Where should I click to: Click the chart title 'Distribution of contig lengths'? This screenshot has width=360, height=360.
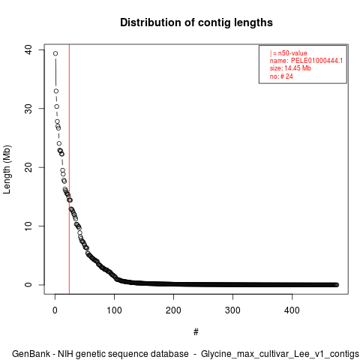coord(196,22)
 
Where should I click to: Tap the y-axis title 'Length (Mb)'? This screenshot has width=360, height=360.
coord(7,169)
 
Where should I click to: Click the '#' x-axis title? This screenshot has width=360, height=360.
coord(196,332)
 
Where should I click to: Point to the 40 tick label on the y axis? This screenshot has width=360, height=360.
coord(28,49)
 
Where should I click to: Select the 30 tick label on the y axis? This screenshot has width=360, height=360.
coord(28,109)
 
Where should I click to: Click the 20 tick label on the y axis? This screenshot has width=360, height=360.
coord(28,167)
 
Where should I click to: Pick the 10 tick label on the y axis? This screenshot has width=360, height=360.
coord(28,226)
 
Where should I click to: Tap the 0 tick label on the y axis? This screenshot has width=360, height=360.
coord(28,285)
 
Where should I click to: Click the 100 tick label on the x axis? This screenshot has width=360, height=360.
coord(114,310)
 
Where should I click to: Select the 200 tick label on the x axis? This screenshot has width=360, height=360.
coord(173,310)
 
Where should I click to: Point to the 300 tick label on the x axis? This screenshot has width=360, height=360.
coord(232,310)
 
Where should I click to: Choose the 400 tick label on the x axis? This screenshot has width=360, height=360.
coord(292,310)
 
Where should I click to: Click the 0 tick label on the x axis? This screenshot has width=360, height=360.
coord(55,310)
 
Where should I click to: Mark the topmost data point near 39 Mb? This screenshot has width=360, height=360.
coord(55,53)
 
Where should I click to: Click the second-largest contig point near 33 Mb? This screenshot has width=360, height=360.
coord(56,91)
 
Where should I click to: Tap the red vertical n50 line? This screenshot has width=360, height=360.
coord(69,169)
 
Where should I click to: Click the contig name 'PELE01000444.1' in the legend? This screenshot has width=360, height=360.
coord(316,61)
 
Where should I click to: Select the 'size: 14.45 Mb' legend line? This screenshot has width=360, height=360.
coord(290,68)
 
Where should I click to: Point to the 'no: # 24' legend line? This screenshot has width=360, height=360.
coord(281,76)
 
